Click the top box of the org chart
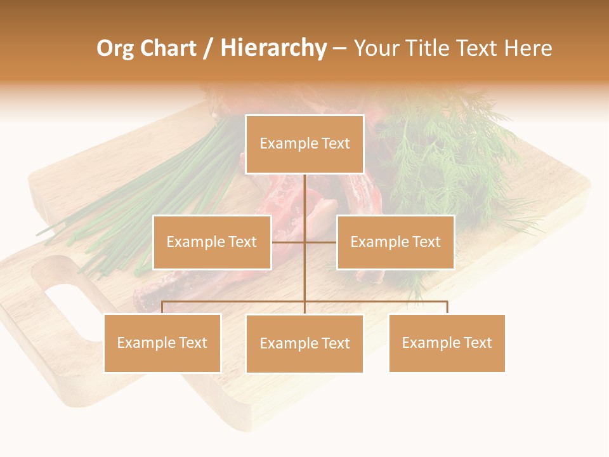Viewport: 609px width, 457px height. point(304,144)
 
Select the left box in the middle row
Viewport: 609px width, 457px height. point(212,242)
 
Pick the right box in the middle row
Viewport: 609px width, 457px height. point(395,242)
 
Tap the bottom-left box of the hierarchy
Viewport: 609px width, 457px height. point(162,343)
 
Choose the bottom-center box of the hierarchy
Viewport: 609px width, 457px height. point(304,343)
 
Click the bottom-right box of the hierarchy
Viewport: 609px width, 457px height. point(447,343)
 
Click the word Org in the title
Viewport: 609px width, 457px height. point(115,48)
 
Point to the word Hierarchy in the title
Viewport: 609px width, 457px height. point(273,48)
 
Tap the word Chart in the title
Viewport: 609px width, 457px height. point(167,48)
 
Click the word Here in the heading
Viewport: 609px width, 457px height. point(528,48)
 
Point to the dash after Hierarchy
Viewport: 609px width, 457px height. point(339,49)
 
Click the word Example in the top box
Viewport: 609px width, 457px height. point(287,144)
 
